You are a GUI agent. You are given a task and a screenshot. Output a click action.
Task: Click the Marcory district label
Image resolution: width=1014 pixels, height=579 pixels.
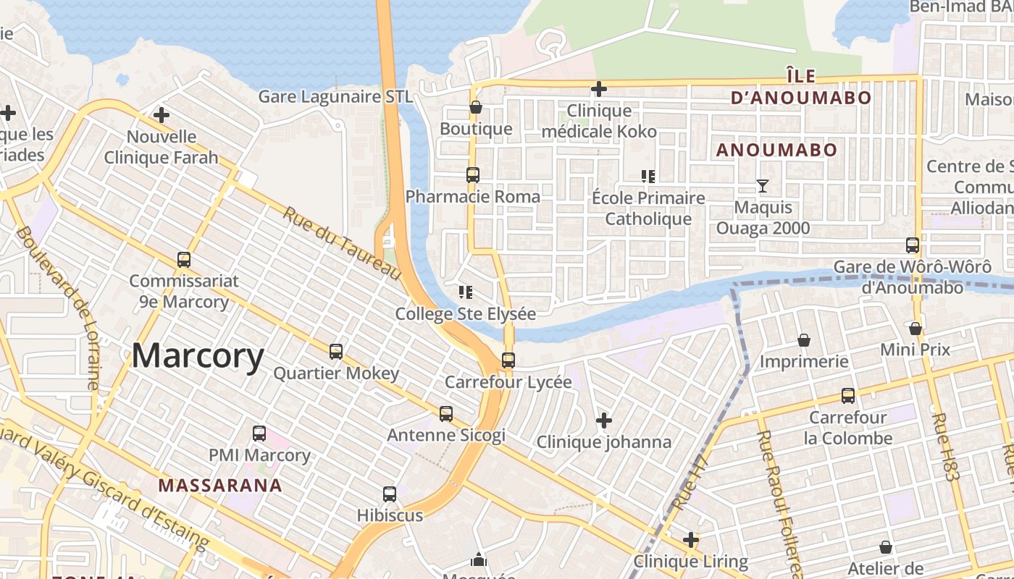click(x=198, y=356)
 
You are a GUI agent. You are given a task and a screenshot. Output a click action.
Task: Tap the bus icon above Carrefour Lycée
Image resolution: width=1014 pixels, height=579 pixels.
click(x=508, y=360)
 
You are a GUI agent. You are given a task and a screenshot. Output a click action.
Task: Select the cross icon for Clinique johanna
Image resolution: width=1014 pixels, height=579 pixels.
click(x=603, y=420)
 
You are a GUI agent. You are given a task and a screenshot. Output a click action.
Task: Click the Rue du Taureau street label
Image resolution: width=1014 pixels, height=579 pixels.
click(x=341, y=244)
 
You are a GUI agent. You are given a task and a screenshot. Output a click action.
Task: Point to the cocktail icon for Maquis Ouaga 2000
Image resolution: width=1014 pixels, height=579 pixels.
click(x=762, y=186)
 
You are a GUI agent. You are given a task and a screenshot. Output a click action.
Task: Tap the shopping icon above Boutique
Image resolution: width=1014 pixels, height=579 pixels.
click(x=476, y=108)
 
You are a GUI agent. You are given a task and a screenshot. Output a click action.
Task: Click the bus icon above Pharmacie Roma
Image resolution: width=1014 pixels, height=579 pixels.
click(x=472, y=175)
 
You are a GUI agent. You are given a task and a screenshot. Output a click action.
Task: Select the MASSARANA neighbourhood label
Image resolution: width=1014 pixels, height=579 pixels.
click(x=220, y=485)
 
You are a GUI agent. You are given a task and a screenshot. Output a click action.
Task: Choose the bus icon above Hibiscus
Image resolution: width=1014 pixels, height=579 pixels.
click(x=390, y=494)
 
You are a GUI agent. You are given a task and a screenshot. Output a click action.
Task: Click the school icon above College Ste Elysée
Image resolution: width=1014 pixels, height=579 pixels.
click(x=465, y=292)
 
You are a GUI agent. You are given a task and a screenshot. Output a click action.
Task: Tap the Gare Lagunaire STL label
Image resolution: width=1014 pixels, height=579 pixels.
click(x=335, y=96)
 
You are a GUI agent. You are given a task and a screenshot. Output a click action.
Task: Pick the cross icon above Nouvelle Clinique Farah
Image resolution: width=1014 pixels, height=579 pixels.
click(x=161, y=115)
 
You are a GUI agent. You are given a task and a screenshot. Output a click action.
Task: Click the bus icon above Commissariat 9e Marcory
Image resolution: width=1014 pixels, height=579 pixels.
click(x=184, y=259)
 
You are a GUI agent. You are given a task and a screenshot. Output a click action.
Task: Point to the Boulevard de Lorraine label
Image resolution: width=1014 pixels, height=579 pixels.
click(x=57, y=308)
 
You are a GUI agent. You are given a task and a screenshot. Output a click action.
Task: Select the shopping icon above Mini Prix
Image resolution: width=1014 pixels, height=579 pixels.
click(x=915, y=329)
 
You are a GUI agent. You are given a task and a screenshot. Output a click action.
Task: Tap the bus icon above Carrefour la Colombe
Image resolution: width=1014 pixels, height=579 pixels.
click(x=848, y=396)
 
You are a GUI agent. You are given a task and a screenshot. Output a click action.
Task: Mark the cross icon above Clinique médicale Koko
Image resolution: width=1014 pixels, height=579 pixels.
click(x=599, y=89)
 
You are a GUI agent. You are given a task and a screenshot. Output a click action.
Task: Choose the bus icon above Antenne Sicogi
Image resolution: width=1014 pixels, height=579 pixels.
click(x=446, y=414)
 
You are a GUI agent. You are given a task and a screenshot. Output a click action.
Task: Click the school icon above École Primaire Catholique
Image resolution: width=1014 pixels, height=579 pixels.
click(x=648, y=177)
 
